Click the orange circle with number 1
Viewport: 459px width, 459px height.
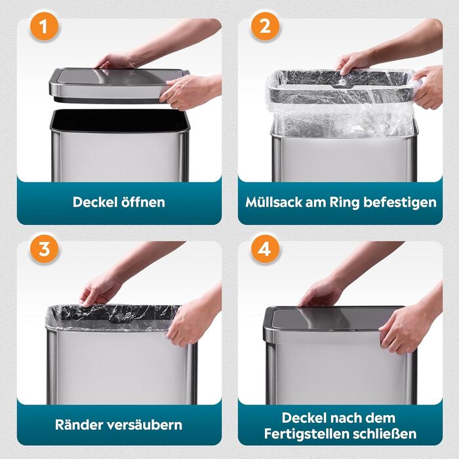(x=44, y=27)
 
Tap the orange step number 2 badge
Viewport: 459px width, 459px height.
(x=265, y=27)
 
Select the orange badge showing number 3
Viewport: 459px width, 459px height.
(x=44, y=249)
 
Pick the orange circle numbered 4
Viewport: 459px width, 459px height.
(x=265, y=249)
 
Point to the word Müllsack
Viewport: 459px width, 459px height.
(x=274, y=202)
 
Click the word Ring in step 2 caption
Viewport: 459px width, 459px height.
(x=344, y=203)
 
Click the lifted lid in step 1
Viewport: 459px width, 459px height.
(x=119, y=85)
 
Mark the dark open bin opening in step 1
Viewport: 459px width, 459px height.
(x=120, y=120)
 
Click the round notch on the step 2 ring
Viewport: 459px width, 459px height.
(x=340, y=85)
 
